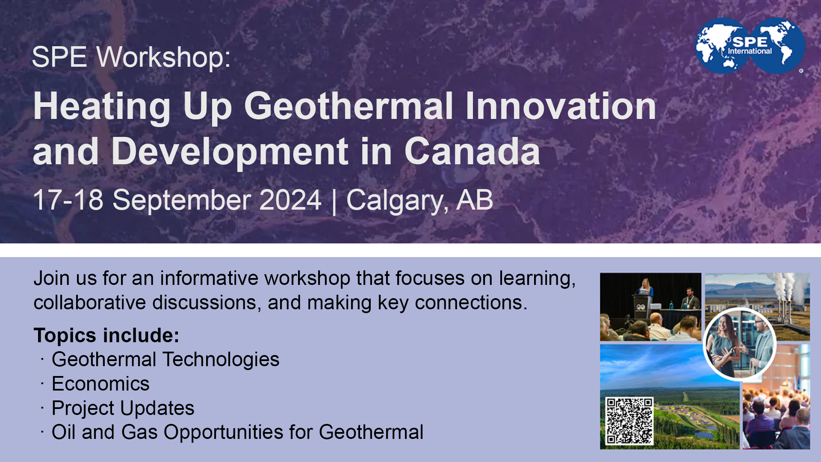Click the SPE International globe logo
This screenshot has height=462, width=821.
[x=750, y=46]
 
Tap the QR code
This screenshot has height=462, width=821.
[x=629, y=421]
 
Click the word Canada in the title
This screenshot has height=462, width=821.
[x=472, y=151]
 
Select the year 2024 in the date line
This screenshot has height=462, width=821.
[x=290, y=200]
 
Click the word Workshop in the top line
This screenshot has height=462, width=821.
[x=163, y=57]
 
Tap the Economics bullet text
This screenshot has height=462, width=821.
[x=100, y=384]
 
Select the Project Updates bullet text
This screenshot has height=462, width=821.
[x=123, y=408]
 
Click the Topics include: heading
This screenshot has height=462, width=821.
[x=106, y=335]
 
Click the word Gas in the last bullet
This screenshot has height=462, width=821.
[x=139, y=432]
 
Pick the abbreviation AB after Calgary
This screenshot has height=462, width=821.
[x=475, y=200]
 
